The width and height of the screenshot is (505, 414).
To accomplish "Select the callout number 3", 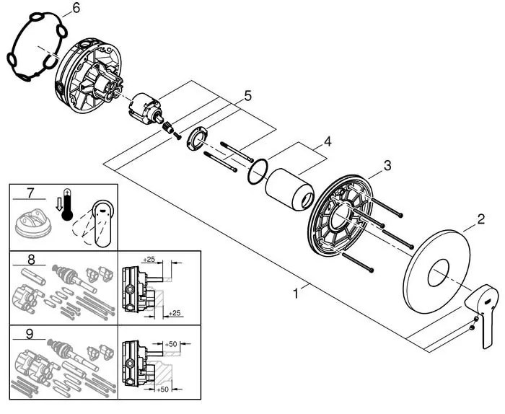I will pyautogui.click(x=387, y=166).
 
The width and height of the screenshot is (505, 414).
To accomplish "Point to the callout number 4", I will pyautogui.click(x=327, y=141).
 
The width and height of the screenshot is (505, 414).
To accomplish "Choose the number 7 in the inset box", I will pyautogui.click(x=30, y=195).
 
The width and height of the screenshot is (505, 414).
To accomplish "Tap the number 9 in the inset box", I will pyautogui.click(x=30, y=334).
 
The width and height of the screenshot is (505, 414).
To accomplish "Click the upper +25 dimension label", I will pyautogui.click(x=149, y=258).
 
